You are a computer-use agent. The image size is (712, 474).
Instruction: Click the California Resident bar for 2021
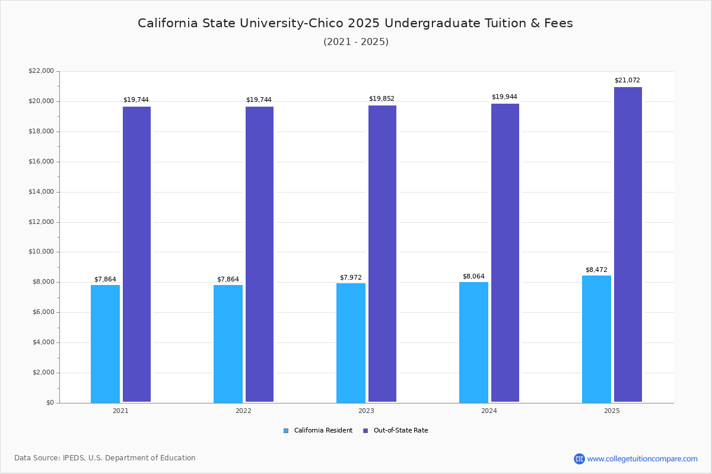point(105,344)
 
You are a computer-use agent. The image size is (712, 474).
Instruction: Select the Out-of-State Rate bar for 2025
point(628,245)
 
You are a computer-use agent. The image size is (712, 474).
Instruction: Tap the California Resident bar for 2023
point(351,343)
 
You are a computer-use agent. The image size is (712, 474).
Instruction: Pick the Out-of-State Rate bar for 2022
point(259,254)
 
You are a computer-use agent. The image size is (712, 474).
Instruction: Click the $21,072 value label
point(627,81)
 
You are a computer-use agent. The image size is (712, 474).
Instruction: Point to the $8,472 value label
point(596,270)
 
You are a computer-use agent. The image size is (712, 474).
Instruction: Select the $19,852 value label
point(382,99)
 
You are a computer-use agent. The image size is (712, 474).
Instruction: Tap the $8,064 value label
point(473,277)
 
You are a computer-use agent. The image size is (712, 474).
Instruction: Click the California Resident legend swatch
point(286,431)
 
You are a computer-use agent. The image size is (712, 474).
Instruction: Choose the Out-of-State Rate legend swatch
point(365,431)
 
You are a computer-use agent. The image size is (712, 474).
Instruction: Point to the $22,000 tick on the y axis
point(41,71)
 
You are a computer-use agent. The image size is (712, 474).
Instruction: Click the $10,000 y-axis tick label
point(41,252)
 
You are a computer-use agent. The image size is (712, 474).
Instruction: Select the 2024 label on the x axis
point(489,411)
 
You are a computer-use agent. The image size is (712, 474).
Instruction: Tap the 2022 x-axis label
point(243,411)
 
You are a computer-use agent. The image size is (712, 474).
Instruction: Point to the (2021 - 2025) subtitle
point(356,42)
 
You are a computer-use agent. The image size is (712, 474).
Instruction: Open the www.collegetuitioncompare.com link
point(642,459)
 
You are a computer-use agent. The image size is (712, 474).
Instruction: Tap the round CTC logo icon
point(579,459)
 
